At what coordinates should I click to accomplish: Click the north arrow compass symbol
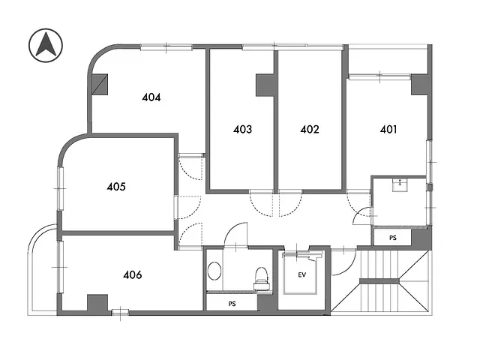pyautogui.click(x=45, y=46)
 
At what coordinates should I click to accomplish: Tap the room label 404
pyautogui.click(x=152, y=97)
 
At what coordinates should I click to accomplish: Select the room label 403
pyautogui.click(x=242, y=129)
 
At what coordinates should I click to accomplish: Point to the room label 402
pyautogui.click(x=310, y=129)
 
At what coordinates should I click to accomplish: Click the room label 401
pyautogui.click(x=388, y=129)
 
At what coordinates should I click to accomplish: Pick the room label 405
pyautogui.click(x=115, y=186)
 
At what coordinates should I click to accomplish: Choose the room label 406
pyautogui.click(x=132, y=274)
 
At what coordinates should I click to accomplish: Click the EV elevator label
pyautogui.click(x=302, y=275)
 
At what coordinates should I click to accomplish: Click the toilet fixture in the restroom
pyautogui.click(x=262, y=278)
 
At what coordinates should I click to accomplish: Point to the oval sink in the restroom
pyautogui.click(x=215, y=271)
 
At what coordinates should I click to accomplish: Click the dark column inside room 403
pyautogui.click(x=265, y=85)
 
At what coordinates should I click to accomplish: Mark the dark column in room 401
pyautogui.click(x=421, y=84)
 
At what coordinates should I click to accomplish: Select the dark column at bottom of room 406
pyautogui.click(x=97, y=303)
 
